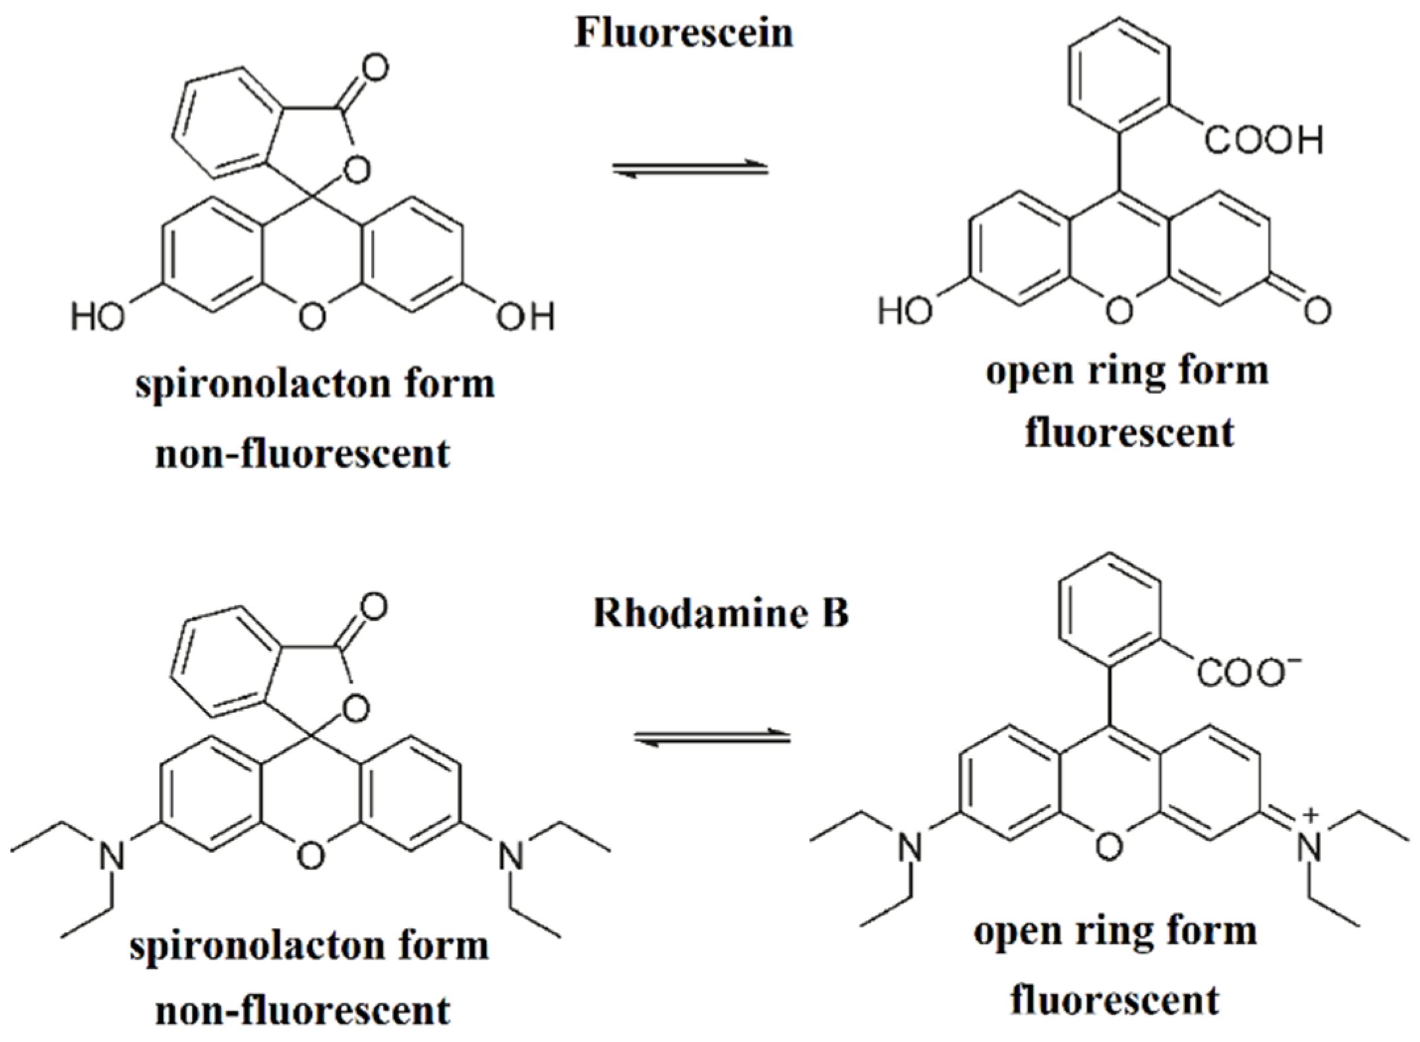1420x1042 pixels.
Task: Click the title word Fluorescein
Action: [684, 33]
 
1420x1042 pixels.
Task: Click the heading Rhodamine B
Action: [721, 613]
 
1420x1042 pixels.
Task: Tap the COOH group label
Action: [1264, 140]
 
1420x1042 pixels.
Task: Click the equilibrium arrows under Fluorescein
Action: [690, 169]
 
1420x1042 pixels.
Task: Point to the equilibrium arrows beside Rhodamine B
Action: [712, 738]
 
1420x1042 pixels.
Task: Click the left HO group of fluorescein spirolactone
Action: [98, 317]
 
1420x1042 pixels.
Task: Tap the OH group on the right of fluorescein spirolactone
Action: [525, 317]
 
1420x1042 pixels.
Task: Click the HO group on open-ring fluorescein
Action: [905, 310]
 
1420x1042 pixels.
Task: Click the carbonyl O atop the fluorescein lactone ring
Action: [374, 68]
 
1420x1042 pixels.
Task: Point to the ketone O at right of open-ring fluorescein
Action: [1317, 310]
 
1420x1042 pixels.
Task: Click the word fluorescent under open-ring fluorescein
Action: [1129, 433]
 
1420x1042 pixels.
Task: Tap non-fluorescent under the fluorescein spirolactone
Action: [303, 453]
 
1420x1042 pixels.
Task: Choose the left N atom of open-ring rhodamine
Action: [910, 847]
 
